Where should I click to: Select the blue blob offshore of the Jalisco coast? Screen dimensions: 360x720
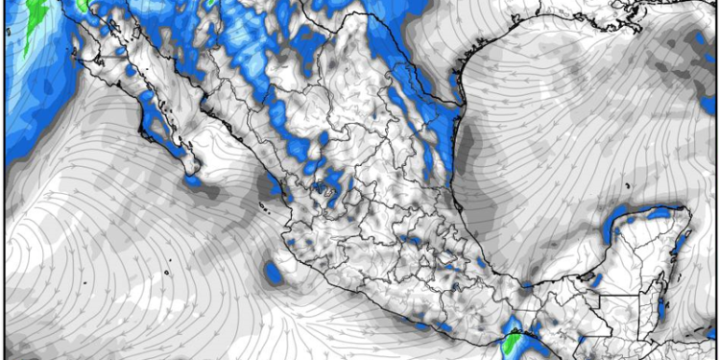coord(275,274)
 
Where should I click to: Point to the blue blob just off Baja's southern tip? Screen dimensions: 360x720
coord(192,180)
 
